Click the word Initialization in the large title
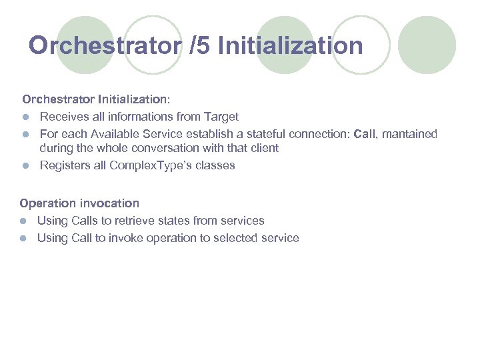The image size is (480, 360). (290, 46)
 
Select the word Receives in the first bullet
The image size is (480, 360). (64, 117)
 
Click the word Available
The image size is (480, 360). (119, 134)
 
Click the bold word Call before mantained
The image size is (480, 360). (365, 134)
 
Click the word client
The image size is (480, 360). (263, 148)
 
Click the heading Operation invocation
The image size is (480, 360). (79, 203)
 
